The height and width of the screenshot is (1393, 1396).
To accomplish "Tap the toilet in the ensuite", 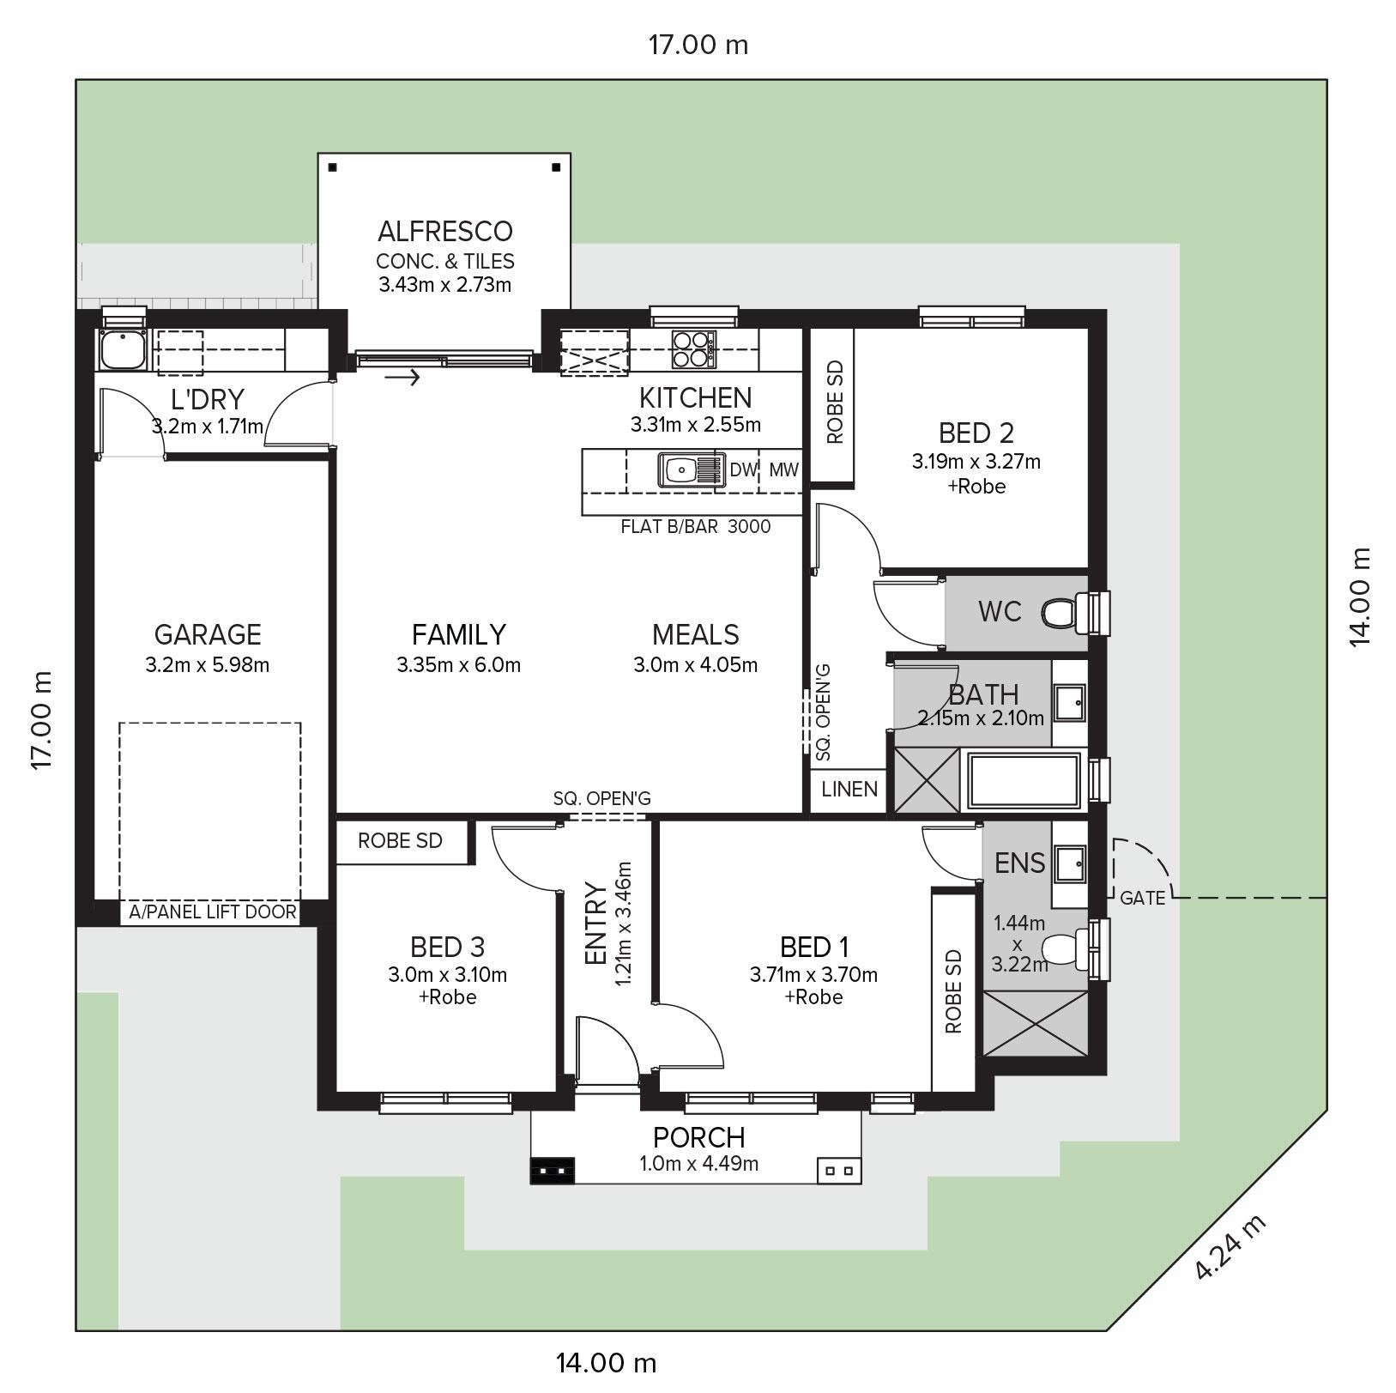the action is coord(1065,949).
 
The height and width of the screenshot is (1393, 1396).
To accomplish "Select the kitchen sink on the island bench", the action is coord(692,469).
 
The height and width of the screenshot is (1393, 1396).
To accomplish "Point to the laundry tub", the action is coord(122,349).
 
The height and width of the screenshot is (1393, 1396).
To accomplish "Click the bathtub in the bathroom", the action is coord(1024,781).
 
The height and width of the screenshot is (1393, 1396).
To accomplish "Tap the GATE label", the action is coord(1143,898).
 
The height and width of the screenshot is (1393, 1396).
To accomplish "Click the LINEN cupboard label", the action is coord(849,789).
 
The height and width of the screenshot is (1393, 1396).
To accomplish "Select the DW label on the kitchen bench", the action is coord(744,469).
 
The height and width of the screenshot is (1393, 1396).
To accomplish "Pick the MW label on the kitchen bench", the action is coord(783,469).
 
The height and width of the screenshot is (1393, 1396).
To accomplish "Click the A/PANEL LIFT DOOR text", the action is coord(213,912).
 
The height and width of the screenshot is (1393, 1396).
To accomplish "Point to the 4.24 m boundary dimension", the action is coord(1230,1247).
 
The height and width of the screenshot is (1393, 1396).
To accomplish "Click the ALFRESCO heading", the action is coord(445,231).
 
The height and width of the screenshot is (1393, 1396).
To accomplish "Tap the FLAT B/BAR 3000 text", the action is coord(696,526).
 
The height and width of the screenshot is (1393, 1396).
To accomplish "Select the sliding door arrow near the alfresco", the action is coord(402,376).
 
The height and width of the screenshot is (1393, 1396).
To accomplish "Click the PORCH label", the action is coord(699,1137).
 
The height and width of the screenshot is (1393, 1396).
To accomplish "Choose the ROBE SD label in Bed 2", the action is coord(835,402).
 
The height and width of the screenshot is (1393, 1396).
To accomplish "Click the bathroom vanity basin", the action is coord(1069,701).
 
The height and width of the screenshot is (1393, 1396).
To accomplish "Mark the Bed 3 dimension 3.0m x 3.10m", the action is coord(447,974).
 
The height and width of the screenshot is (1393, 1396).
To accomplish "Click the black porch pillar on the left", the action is coord(553,1171).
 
